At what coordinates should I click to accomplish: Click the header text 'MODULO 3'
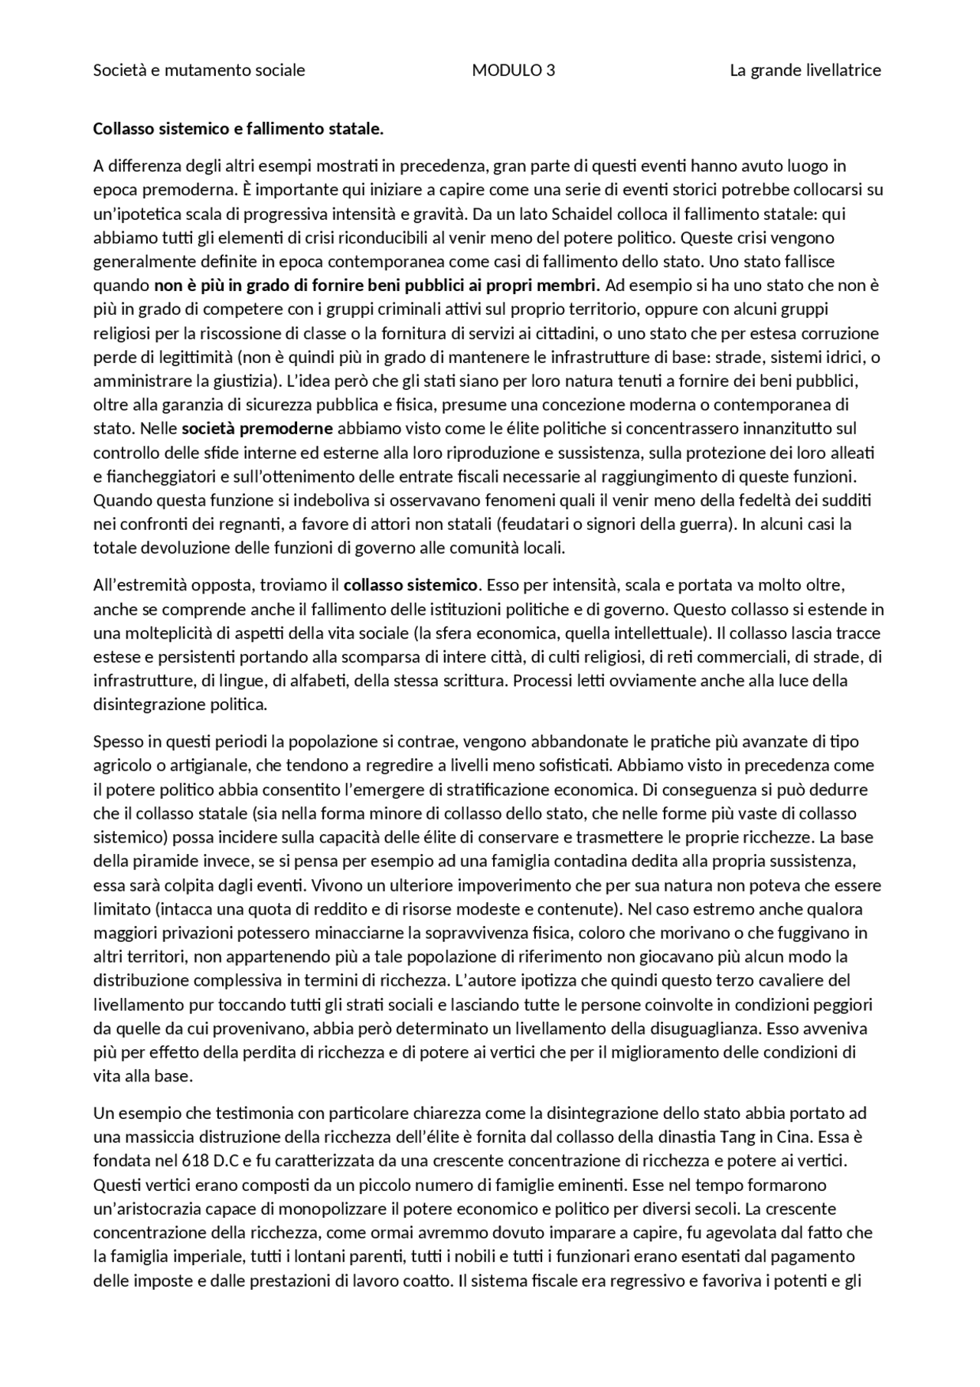click(x=513, y=70)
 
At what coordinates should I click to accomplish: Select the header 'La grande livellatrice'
click(x=805, y=70)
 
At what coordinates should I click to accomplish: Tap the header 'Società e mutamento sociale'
click(x=199, y=70)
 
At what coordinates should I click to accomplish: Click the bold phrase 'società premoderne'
click(x=257, y=428)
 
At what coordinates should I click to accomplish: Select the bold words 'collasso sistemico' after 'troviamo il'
click(x=410, y=586)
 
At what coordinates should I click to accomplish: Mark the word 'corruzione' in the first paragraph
click(x=842, y=334)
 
